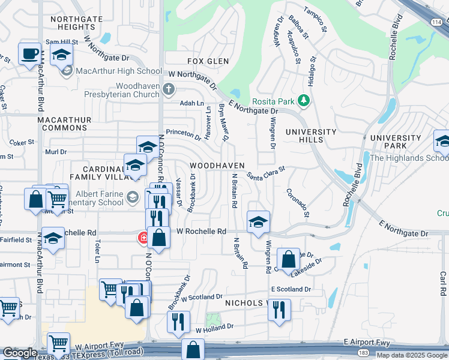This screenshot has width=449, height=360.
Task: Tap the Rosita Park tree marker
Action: [x=304, y=101]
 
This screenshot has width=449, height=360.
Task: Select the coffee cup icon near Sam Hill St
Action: [x=29, y=55]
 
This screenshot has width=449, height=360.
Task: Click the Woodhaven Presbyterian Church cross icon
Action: [x=169, y=90]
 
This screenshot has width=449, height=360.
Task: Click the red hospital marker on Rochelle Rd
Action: [x=143, y=238]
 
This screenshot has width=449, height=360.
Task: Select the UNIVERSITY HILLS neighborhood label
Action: [x=311, y=136]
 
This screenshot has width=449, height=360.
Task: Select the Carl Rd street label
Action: [x=442, y=283]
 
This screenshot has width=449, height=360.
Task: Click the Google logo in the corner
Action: [x=20, y=353]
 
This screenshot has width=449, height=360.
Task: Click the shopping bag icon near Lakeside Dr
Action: [x=289, y=259]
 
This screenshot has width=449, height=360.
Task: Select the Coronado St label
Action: [x=298, y=203]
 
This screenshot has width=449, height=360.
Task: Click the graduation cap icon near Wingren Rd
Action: [x=258, y=221]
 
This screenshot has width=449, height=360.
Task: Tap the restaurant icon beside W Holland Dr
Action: [x=179, y=322]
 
